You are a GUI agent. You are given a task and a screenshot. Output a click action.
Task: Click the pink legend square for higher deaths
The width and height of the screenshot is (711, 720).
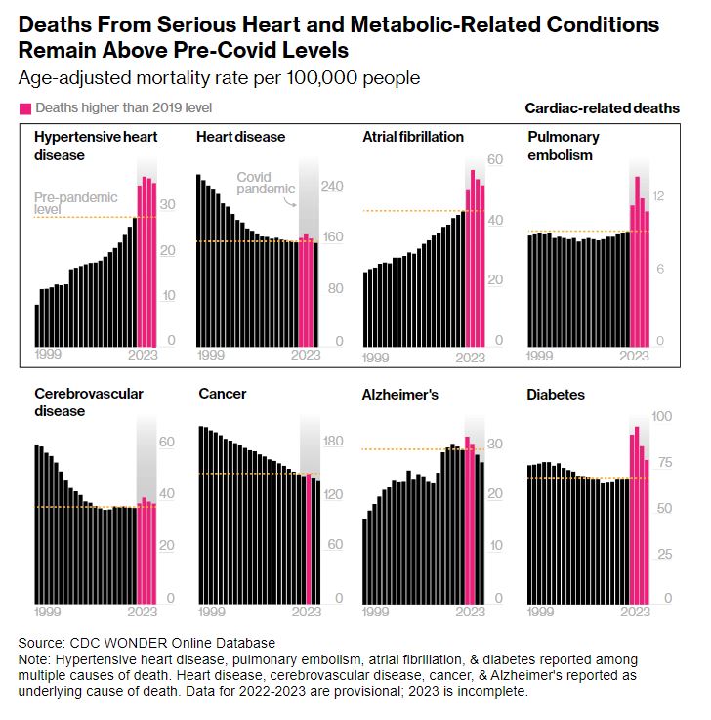[24, 107]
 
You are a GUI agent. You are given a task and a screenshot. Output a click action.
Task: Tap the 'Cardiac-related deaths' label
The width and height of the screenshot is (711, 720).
[602, 108]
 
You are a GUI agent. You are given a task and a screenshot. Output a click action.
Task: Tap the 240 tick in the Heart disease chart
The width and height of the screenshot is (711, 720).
[332, 186]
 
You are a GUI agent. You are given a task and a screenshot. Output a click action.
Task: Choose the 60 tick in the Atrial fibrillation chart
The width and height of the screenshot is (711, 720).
[494, 160]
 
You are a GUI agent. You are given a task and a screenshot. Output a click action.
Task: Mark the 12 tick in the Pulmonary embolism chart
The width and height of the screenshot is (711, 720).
[658, 196]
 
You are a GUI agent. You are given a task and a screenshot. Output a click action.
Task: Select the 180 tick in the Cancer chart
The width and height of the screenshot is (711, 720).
[332, 442]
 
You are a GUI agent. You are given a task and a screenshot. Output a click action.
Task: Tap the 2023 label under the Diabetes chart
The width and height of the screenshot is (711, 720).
[635, 613]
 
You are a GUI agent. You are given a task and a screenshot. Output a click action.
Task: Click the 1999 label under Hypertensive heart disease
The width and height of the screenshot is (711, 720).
[48, 354]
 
